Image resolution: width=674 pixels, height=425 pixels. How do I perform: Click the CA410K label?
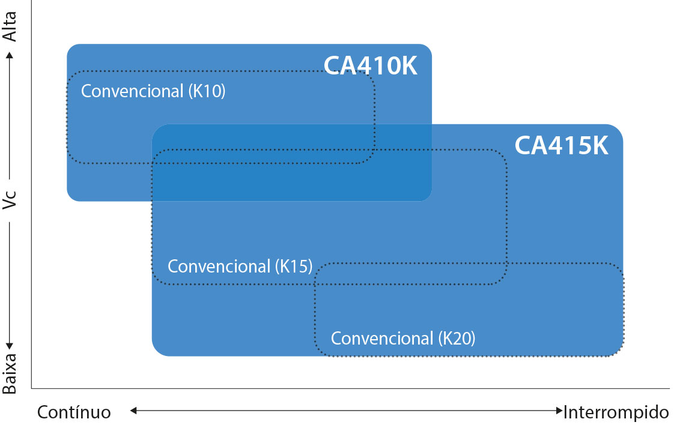coord(371,66)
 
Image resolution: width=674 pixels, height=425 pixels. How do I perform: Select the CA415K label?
coord(562,146)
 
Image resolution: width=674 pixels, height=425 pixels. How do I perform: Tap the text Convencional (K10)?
coord(153,91)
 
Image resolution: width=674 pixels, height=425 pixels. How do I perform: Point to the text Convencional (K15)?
coord(240,267)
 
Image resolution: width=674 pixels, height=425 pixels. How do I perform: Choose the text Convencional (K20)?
coord(403,339)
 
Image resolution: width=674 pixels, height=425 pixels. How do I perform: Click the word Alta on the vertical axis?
coord(10,26)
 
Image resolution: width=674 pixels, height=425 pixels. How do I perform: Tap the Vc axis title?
coord(10,200)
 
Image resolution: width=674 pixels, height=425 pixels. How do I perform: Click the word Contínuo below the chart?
coord(74,412)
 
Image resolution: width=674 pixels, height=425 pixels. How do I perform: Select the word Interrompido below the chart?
coord(616,412)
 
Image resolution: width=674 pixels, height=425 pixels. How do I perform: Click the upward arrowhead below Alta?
coord(10,55)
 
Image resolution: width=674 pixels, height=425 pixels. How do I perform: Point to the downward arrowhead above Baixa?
coord(10,346)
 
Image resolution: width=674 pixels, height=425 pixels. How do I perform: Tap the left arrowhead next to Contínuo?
coord(134,411)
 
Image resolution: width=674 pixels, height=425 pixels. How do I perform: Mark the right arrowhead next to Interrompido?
coord(559,411)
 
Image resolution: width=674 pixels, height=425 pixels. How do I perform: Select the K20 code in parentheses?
coord(457,339)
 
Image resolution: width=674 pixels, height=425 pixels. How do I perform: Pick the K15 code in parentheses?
coord(294,267)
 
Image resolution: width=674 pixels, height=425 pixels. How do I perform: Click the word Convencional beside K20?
coord(381,339)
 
